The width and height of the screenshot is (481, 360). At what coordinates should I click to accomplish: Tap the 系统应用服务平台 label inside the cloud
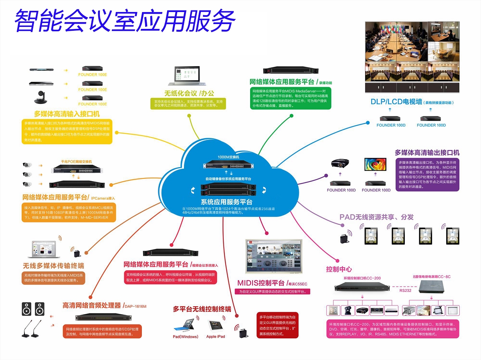point(226,202)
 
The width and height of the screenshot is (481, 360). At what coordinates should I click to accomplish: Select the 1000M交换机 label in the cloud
point(228,157)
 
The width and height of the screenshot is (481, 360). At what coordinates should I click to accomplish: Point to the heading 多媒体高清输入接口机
point(67,113)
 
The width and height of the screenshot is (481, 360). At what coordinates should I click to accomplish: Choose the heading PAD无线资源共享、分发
point(376,217)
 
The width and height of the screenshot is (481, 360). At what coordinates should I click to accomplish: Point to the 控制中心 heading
point(339,269)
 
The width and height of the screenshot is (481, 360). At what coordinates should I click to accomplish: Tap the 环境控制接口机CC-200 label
point(362,278)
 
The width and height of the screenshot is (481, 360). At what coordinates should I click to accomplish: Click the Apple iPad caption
point(215,337)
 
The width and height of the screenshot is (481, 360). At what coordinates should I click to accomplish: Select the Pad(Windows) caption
point(186,337)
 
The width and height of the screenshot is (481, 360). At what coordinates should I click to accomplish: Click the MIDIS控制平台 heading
point(261,283)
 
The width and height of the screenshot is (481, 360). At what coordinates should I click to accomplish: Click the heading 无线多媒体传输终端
point(53,266)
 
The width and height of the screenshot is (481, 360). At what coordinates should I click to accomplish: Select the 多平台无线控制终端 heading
point(202,309)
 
